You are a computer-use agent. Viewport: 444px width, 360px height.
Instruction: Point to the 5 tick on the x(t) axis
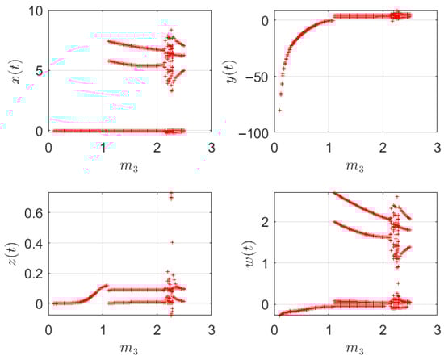(x=38, y=71)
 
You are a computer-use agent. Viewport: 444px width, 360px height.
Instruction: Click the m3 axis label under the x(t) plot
(x=130, y=166)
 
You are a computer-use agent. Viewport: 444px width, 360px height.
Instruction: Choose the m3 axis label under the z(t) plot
(x=130, y=350)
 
